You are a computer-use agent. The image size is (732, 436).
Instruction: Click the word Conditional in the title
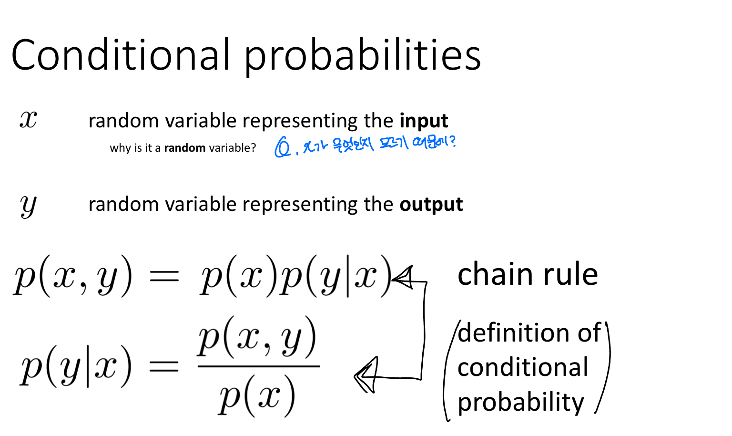(x=120, y=54)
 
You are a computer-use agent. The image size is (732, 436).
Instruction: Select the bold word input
(x=424, y=121)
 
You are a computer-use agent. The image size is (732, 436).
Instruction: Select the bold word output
(x=431, y=205)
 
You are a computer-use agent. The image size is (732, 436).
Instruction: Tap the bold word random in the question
(x=184, y=148)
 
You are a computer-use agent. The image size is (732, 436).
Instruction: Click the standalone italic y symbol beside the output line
(x=29, y=206)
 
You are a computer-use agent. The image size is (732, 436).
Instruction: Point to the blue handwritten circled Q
(x=282, y=147)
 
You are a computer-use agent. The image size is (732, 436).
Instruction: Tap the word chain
(x=496, y=274)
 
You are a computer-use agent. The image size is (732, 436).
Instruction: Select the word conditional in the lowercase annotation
(x=523, y=367)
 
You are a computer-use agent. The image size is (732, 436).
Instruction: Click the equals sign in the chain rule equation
(x=164, y=276)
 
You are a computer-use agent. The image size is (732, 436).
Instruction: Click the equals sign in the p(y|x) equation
(x=164, y=366)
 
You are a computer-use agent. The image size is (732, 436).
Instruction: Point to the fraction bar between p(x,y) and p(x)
(x=258, y=366)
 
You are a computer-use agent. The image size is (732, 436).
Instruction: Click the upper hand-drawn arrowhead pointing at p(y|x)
(x=403, y=278)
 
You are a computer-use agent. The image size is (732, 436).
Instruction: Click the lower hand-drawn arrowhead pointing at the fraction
(x=366, y=375)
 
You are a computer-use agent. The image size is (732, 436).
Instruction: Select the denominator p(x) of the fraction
(x=256, y=396)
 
